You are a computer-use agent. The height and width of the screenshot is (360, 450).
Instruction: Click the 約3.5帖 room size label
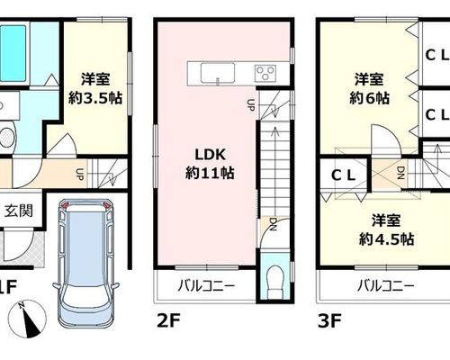coord(95,98)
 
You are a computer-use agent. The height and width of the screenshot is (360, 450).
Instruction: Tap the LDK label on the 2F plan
coord(210,155)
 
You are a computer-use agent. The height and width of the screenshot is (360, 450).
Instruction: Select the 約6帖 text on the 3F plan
coord(369,98)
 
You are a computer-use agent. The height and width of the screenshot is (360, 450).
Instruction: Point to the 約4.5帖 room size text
coord(387,239)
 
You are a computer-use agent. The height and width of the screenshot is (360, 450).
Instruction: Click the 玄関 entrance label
coord(19,211)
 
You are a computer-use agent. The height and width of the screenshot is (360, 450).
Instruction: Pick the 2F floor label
coord(168,320)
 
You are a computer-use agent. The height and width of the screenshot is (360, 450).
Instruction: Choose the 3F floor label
coord(329,320)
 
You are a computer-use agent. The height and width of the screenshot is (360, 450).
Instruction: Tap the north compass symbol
coord(27,319)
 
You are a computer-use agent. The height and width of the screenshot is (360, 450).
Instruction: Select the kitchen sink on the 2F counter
coord(218,72)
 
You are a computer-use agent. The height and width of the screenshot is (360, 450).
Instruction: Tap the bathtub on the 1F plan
coord(13,53)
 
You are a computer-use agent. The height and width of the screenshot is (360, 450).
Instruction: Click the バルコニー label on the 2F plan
coord(206,285)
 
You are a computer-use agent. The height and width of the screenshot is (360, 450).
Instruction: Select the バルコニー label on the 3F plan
coord(386,285)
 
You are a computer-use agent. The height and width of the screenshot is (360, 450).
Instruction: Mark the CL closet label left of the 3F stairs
coord(344,175)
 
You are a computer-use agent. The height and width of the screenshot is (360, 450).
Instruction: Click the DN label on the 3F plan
coord(401,173)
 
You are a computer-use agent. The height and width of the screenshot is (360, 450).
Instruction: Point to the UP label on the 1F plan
coord(79,175)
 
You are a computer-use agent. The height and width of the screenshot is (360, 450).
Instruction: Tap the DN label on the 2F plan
coord(273,224)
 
